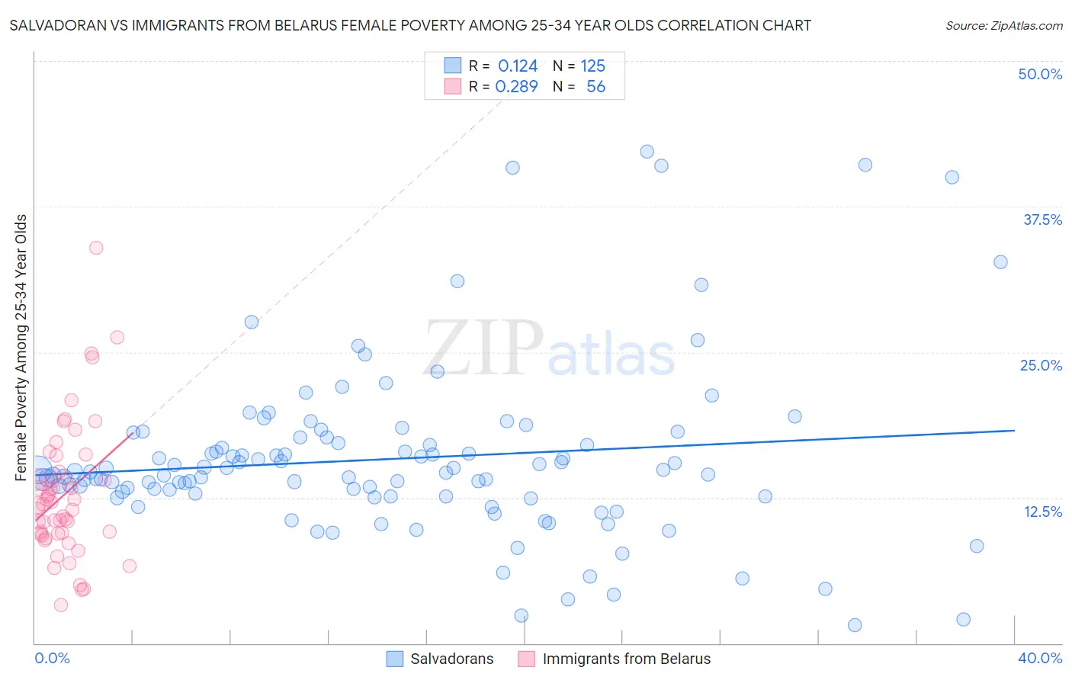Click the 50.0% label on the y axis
click(1040, 74)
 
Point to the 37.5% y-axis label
click(1042, 220)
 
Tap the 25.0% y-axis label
click(1041, 365)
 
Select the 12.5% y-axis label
click(1042, 512)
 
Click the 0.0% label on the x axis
click(52, 658)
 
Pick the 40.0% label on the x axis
click(1040, 658)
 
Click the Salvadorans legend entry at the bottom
click(451, 659)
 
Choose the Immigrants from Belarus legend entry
click(626, 659)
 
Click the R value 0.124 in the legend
click(518, 66)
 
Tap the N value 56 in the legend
click(595, 87)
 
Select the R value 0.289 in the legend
click(517, 87)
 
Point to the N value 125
click(592, 66)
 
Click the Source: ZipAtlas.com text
click(1004, 26)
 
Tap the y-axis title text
click(21, 347)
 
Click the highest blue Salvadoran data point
click(647, 152)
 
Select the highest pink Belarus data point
click(96, 248)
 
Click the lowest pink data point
click(61, 605)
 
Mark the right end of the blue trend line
click(1015, 431)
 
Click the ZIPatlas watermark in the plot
click(549, 349)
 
